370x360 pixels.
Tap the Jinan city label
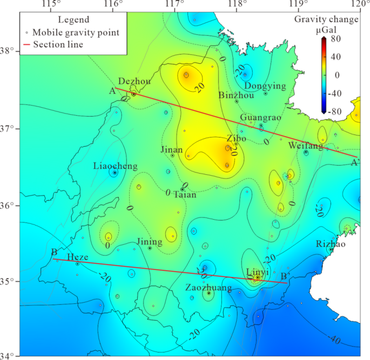[x=171, y=149]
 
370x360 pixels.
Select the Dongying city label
[x=265, y=86]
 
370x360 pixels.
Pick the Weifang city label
[x=305, y=146]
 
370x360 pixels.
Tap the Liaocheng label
[x=115, y=166]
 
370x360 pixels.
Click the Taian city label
[x=184, y=195]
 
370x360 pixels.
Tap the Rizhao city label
[x=329, y=243]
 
